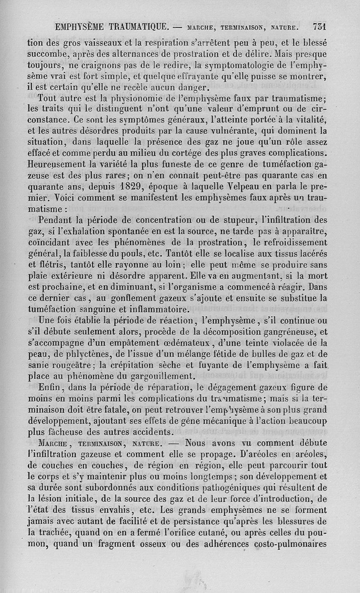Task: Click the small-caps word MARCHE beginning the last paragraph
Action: pyautogui.click(x=55, y=443)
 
